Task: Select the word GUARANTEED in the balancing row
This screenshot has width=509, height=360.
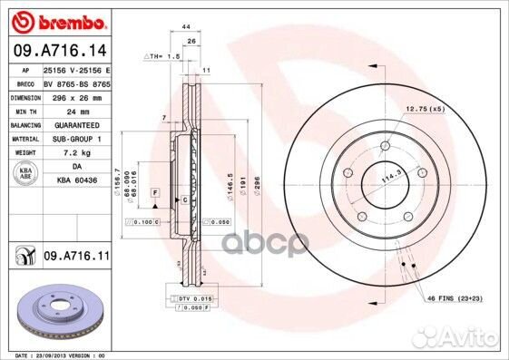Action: pyautogui.click(x=76, y=124)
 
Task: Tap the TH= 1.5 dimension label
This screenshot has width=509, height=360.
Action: pyautogui.click(x=164, y=56)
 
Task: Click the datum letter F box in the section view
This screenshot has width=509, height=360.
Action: pyautogui.click(x=156, y=194)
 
